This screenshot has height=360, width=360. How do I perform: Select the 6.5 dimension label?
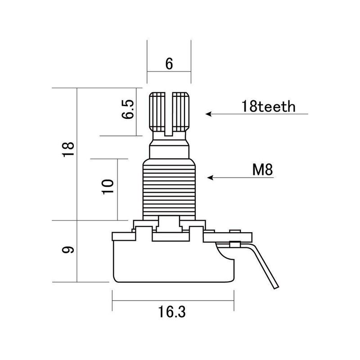(x=128, y=109)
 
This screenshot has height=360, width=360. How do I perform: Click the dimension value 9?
(x=68, y=250)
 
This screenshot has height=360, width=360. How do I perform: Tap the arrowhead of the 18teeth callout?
(x=208, y=114)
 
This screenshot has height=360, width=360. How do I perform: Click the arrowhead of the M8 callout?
(x=209, y=178)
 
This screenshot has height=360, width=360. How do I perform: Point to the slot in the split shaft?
(x=169, y=112)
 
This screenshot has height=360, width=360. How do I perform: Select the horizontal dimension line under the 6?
(x=169, y=72)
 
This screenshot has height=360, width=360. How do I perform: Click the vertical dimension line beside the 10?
(x=118, y=189)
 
